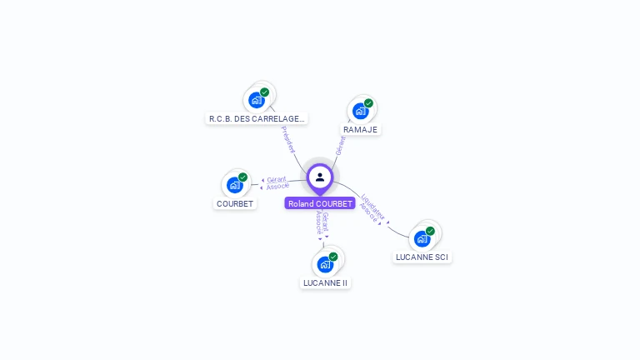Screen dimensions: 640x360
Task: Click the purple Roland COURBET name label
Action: pos(320,203)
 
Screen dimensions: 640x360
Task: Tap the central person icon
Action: pos(320,177)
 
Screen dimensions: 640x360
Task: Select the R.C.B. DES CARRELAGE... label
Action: pos(257,118)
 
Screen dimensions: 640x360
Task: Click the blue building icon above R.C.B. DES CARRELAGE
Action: pos(257,100)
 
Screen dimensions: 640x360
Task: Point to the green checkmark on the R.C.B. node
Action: pos(264,92)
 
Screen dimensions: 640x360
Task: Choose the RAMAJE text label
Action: pos(360,129)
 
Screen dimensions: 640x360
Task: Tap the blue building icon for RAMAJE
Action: pos(360,111)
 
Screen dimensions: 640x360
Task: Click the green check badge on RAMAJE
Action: pos(368,103)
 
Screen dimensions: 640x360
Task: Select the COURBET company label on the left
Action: pos(235,203)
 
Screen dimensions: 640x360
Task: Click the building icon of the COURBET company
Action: pos(235,185)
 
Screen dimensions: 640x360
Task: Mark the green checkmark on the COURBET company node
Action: pos(242,177)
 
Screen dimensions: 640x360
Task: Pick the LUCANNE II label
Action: pos(325,282)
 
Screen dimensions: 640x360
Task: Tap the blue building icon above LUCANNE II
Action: pos(325,264)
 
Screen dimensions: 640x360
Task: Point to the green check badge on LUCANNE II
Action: pos(333,257)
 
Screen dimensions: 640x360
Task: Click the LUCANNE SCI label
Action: pos(422,257)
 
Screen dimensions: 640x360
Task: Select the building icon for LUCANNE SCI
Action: pos(422,238)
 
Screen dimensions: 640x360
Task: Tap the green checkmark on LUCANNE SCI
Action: pos(430,231)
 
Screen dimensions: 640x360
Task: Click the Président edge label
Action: pos(287,139)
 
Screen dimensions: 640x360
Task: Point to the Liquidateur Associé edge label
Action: pos(372,208)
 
